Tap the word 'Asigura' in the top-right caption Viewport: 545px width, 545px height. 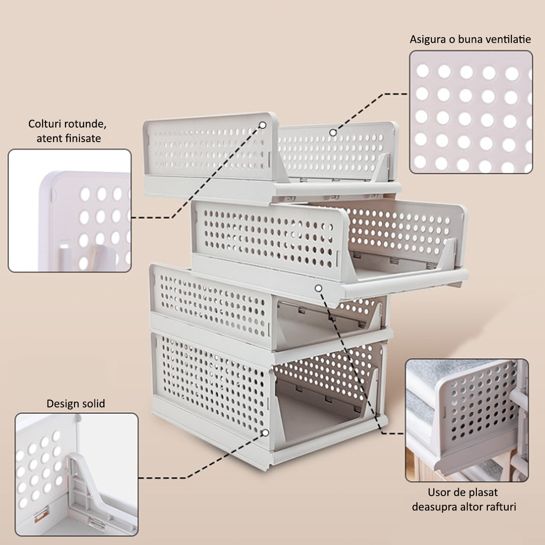[428, 40]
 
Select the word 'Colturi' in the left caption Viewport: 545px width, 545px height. [44, 124]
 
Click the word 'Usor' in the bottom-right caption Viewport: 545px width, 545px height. [439, 492]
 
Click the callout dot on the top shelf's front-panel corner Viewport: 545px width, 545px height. [263, 125]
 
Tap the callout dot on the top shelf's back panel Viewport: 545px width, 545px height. [333, 133]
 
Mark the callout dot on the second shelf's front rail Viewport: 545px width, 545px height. [318, 288]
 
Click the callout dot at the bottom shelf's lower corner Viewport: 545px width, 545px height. [265, 441]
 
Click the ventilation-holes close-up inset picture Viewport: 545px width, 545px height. [471, 112]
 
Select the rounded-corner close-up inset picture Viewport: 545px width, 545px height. [69, 211]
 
